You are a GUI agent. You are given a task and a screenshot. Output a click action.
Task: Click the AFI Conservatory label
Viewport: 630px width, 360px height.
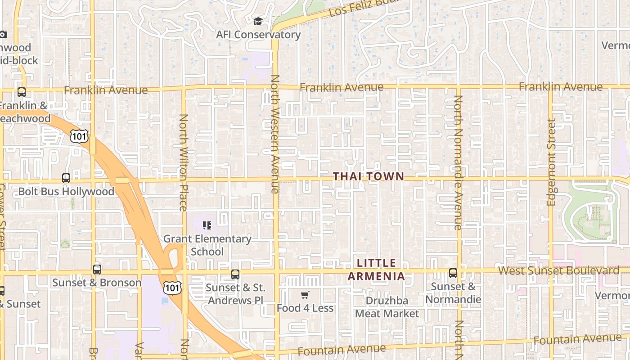tap(258, 35)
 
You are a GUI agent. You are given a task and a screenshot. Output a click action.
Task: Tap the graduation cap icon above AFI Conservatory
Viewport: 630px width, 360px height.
tap(258, 22)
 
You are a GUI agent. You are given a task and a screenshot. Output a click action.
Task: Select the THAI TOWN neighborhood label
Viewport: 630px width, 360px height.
tap(369, 177)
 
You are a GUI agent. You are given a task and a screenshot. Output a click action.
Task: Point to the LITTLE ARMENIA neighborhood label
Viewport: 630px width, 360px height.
tap(377, 270)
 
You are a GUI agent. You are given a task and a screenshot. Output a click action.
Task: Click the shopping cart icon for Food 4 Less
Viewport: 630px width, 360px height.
tap(305, 295)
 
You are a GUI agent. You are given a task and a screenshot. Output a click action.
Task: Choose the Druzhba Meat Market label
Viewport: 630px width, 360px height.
tap(387, 307)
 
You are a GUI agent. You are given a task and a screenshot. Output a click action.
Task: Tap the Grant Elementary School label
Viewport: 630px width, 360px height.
tap(207, 245)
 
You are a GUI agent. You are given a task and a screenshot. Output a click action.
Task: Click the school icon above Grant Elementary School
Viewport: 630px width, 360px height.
tap(207, 225)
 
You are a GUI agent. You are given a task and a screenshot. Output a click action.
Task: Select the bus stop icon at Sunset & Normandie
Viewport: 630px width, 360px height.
tap(453, 273)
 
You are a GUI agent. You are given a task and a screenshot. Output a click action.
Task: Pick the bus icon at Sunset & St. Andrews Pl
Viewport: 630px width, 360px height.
tap(235, 274)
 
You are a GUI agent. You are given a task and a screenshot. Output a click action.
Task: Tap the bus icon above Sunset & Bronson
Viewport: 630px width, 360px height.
tap(97, 270)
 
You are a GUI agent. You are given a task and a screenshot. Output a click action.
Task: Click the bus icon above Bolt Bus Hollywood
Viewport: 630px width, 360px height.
tap(66, 178)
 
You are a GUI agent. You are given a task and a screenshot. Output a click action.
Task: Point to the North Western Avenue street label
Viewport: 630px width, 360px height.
tap(275, 134)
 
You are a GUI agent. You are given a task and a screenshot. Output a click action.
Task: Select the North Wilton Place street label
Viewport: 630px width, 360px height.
tap(183, 162)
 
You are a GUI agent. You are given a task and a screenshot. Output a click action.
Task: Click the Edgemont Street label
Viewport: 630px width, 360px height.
tap(552, 162)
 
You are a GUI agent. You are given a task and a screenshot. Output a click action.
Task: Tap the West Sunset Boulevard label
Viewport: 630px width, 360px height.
tap(559, 270)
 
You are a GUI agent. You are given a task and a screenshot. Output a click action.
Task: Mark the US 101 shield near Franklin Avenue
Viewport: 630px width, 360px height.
tap(79, 136)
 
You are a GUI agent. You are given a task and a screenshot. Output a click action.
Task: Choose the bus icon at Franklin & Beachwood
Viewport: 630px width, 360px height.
tap(21, 92)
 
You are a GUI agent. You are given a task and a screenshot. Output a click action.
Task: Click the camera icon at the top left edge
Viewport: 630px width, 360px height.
tap(3, 34)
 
